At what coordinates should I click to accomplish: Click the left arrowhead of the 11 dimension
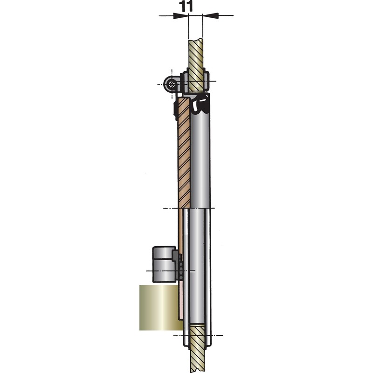(182, 15)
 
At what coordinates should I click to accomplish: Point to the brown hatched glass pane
(184, 154)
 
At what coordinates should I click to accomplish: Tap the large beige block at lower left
(159, 308)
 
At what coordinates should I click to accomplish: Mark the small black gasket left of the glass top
(175, 110)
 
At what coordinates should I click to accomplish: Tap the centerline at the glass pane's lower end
(168, 208)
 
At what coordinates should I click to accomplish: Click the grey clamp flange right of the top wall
(207, 82)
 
